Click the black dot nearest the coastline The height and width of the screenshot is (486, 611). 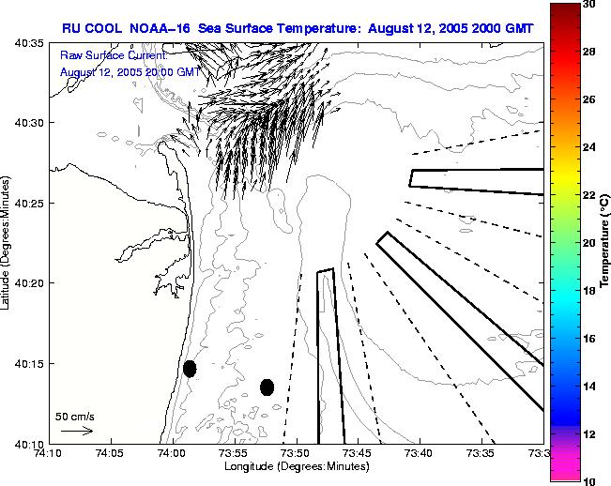pyautogui.click(x=190, y=369)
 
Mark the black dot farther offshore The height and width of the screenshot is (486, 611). pyautogui.click(x=267, y=387)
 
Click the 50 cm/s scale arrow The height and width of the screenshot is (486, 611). pyautogui.click(x=77, y=431)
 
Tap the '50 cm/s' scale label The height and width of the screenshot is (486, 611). pyautogui.click(x=75, y=416)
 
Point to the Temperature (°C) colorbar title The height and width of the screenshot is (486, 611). pyautogui.click(x=605, y=241)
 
